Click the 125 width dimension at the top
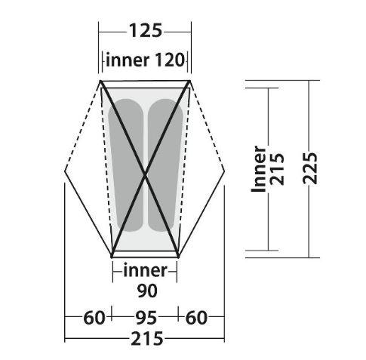(x=146, y=31)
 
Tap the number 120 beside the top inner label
(x=170, y=60)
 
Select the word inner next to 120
(x=128, y=60)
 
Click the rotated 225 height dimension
(x=309, y=168)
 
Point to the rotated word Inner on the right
(x=259, y=169)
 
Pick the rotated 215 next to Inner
(x=276, y=169)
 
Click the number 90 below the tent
(x=147, y=291)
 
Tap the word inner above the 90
(x=145, y=270)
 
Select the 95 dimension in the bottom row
(x=146, y=318)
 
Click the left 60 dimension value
(x=94, y=318)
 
